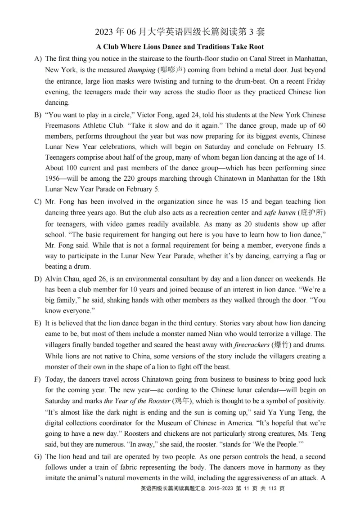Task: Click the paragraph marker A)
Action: coord(37,58)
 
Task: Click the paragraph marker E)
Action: coord(37,323)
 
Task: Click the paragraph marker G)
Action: coord(37,456)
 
